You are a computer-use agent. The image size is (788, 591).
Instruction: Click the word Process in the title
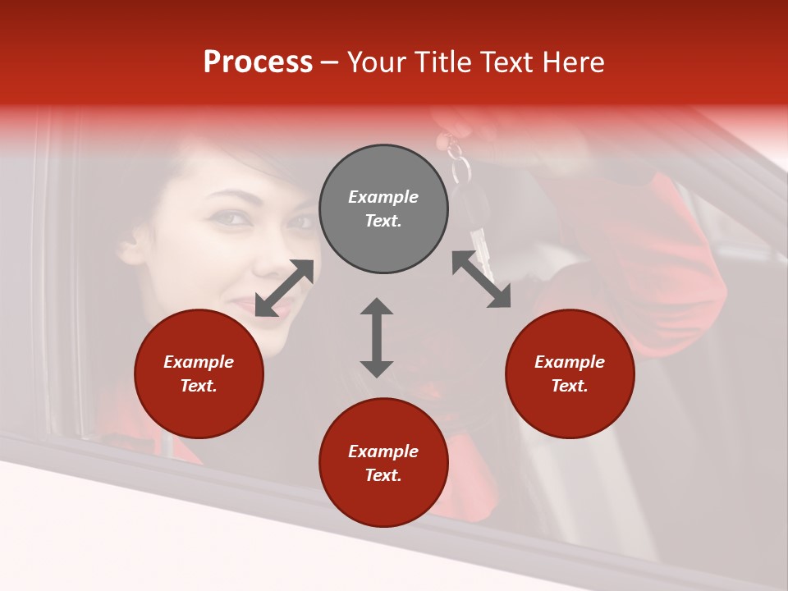258,62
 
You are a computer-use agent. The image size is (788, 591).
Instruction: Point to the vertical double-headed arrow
377,337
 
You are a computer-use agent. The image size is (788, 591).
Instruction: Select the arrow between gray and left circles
284,288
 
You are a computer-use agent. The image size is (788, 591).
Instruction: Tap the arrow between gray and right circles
481,279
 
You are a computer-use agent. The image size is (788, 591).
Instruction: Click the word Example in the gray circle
383,197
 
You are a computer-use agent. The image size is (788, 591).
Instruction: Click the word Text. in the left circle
199,386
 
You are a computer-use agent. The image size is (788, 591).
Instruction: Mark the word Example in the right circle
570,362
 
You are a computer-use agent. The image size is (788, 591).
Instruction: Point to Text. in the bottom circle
383,475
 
